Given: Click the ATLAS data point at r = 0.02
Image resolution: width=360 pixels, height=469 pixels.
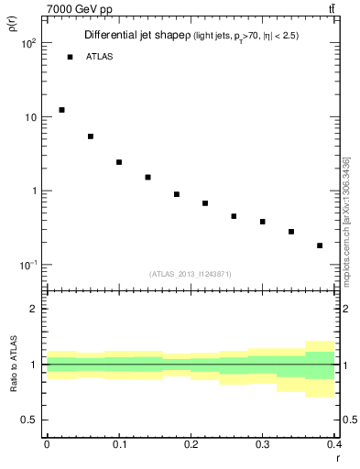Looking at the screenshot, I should tap(61, 110).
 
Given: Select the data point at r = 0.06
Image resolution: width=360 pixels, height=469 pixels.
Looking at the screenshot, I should tap(91, 136).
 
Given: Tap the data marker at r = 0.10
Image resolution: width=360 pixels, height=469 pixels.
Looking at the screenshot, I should tap(119, 162).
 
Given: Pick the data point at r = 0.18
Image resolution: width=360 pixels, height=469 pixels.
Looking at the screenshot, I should tap(177, 194).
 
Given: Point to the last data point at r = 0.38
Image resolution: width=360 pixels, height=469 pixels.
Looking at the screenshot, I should tap(320, 245).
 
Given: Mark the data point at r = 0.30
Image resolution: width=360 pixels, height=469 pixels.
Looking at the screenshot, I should tap(263, 222).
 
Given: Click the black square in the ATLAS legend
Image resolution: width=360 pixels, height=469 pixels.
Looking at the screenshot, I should tap(70, 57).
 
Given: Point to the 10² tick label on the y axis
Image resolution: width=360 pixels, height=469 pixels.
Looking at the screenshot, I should tap(28, 44).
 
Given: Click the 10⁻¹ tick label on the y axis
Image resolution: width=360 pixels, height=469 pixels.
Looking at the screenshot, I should tap(28, 265).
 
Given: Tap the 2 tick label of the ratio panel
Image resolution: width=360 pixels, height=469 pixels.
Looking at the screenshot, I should tap(34, 309).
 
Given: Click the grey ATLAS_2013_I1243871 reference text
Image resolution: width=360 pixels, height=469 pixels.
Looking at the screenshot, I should tap(190, 275).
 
